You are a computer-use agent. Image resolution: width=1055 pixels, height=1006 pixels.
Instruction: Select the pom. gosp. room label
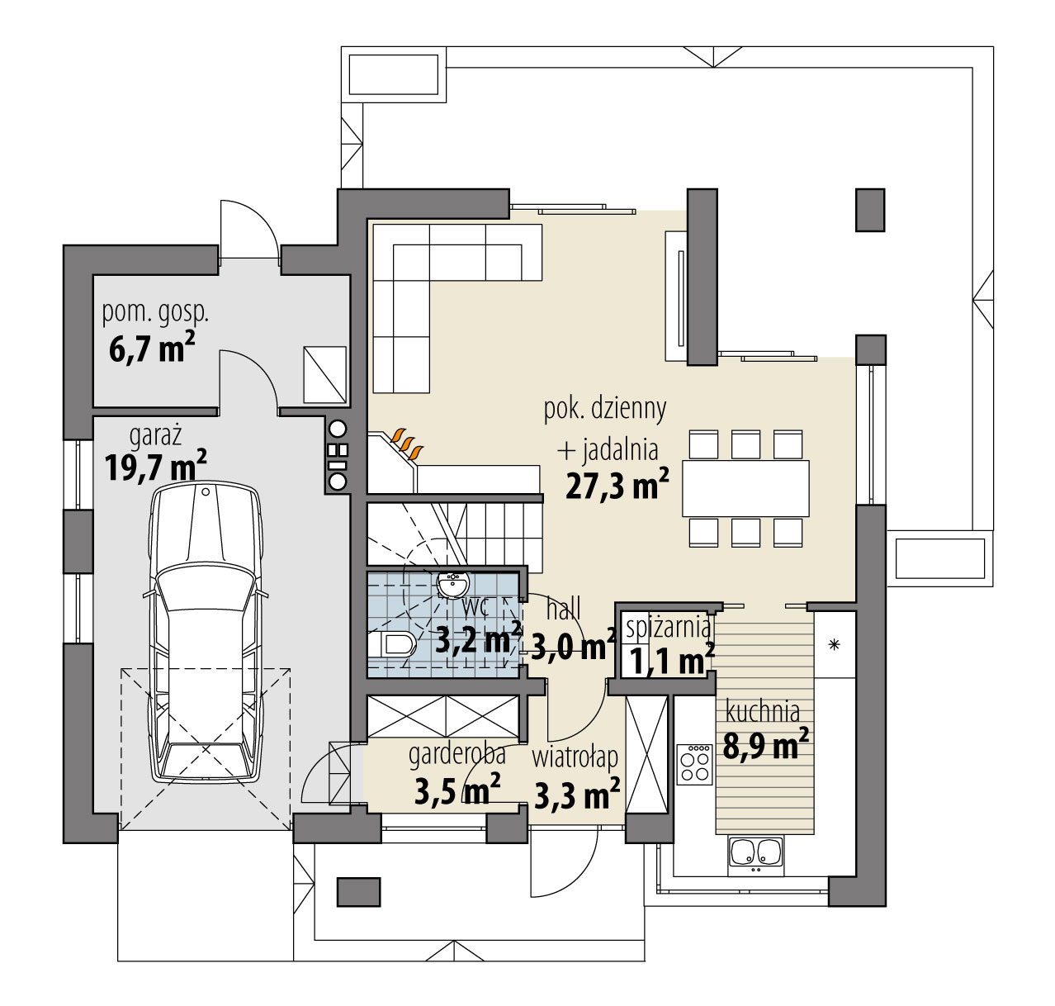click(x=155, y=314)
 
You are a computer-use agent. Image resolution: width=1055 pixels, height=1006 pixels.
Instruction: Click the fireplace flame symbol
click(x=409, y=444)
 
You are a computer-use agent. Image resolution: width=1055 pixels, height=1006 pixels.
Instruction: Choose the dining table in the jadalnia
click(x=745, y=488)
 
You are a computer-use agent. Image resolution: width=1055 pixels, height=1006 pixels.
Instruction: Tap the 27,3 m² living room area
click(x=617, y=485)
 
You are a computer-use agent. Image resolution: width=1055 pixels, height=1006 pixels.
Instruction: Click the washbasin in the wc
click(x=453, y=584)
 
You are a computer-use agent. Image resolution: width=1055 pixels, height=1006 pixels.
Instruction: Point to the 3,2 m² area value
click(x=478, y=638)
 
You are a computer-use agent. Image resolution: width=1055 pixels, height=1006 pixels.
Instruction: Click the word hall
click(x=564, y=610)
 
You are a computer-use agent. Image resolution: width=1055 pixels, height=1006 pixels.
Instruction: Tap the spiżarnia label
click(x=669, y=628)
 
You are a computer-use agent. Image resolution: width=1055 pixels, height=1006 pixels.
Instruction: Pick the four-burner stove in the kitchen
click(x=694, y=765)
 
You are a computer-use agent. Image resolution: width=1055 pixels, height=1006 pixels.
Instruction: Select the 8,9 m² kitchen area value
click(x=766, y=744)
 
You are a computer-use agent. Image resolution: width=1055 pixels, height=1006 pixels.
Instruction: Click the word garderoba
click(x=457, y=754)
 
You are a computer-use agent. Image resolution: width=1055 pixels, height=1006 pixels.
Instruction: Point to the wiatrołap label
click(x=575, y=757)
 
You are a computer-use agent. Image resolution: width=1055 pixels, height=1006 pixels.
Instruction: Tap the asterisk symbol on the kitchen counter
click(x=834, y=644)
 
